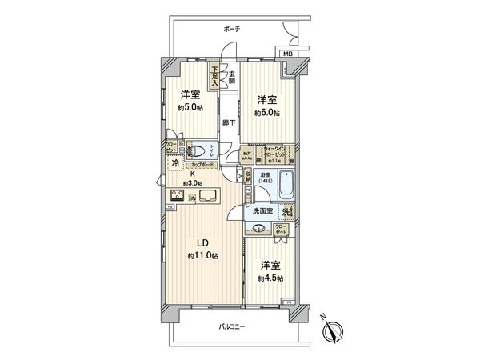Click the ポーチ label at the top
tap(232, 29)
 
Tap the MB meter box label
tap(286, 54)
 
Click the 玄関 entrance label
tap(231, 76)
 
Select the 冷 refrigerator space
tap(174, 163)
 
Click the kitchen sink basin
tap(208, 197)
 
